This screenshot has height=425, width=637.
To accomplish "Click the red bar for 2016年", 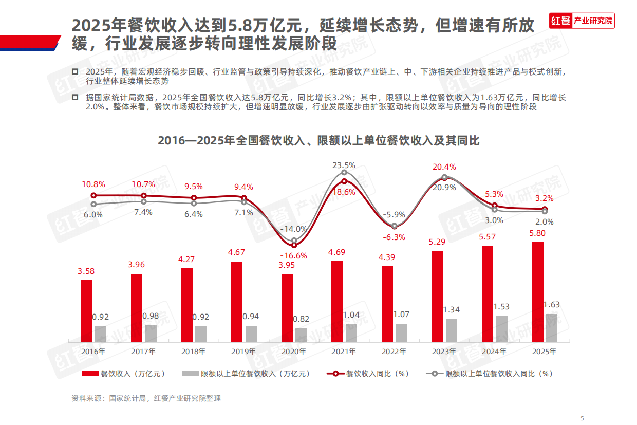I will [x=86, y=311].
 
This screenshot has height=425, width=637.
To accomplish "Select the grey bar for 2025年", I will [x=551, y=328].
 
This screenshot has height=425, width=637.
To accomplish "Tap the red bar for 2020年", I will [x=287, y=308].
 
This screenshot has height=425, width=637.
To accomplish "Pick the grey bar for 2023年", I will [x=451, y=330].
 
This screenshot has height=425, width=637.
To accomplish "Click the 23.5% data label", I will [x=344, y=165].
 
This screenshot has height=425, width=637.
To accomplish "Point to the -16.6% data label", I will [x=293, y=255].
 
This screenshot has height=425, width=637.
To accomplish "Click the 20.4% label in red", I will [x=444, y=167].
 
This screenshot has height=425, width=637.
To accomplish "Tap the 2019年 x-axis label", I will [x=243, y=352].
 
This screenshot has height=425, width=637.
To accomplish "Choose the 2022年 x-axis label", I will [x=394, y=352].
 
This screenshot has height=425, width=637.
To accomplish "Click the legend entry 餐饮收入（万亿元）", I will [x=124, y=374].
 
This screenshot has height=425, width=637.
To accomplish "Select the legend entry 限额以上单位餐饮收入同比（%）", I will [x=490, y=374].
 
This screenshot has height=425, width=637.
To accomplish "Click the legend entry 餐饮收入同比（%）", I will [x=368, y=374].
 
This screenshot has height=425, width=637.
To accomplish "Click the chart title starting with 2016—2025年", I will [x=318, y=140].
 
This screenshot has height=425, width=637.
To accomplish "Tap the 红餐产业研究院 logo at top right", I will [x=582, y=21].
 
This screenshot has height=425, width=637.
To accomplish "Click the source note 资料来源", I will [x=146, y=398].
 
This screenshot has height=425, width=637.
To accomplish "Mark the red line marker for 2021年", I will [x=344, y=181].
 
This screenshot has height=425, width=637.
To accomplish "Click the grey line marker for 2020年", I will [x=294, y=240].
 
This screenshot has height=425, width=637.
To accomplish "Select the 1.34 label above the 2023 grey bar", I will [x=451, y=309].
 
